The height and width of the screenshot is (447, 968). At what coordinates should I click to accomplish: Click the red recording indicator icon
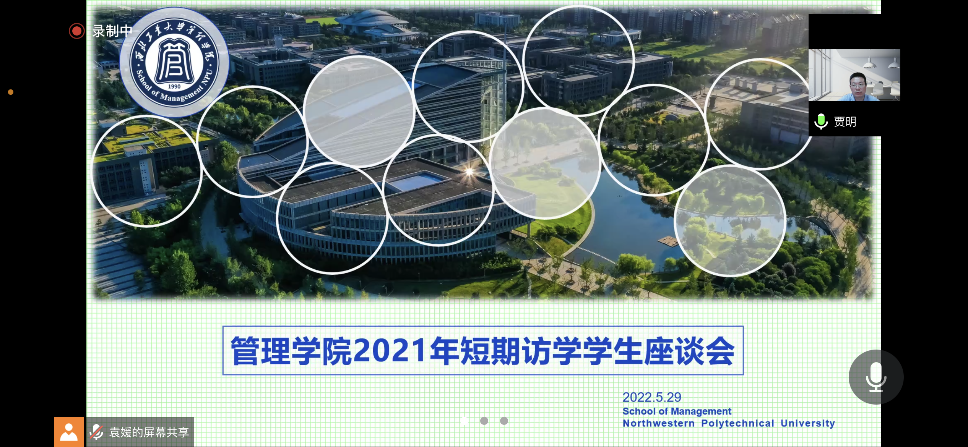point(76,31)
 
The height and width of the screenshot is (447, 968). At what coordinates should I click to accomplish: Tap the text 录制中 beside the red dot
point(112,31)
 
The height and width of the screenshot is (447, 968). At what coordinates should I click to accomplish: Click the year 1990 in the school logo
point(174,86)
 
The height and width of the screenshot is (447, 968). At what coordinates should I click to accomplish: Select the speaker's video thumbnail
point(854,75)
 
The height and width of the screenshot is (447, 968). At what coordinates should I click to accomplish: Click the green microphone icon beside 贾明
point(821,121)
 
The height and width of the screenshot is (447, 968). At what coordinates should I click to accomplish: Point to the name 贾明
point(845,121)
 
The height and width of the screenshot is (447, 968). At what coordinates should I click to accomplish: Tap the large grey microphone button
point(876,377)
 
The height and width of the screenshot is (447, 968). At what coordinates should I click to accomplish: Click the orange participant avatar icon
point(69,432)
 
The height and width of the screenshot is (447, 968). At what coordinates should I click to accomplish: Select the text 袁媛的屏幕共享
point(149,432)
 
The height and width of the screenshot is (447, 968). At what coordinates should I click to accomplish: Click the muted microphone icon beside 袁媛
point(96,432)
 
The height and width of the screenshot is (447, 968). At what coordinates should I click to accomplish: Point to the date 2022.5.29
point(652,397)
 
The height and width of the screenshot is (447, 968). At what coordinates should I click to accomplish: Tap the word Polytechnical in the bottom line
point(737,423)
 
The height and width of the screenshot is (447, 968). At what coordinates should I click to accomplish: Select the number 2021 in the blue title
point(390,350)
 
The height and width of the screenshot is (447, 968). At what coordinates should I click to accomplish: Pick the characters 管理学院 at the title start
point(291,351)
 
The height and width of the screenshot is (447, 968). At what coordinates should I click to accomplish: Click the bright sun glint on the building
point(469,172)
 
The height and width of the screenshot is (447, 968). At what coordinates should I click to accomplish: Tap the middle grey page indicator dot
point(484,421)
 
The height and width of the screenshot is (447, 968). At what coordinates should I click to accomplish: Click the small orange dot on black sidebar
point(11,92)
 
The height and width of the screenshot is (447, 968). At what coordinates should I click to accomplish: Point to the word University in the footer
point(808,423)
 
